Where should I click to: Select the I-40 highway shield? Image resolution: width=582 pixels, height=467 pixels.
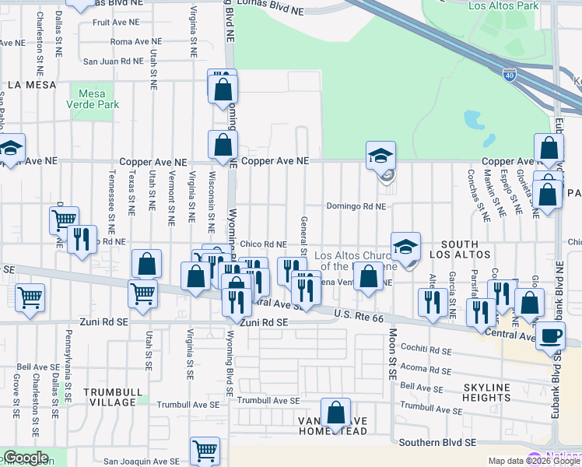(509, 75)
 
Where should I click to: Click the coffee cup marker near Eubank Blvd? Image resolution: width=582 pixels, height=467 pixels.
(552, 335)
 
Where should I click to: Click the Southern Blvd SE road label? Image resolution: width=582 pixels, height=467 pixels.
(436, 443)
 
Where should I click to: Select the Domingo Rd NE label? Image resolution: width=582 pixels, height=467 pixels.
(356, 207)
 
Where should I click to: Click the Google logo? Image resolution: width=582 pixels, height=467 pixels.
(25, 458)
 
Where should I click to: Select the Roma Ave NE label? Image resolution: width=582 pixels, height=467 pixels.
(137, 41)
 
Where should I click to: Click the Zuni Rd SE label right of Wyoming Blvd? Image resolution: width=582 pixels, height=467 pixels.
(264, 322)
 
